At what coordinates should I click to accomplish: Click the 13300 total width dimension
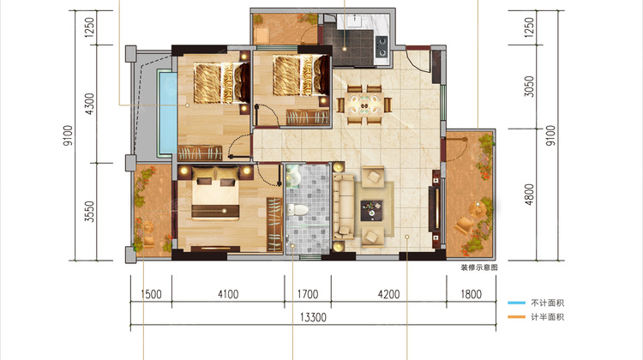pos(313,317)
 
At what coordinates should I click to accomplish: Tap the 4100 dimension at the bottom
pos(228,294)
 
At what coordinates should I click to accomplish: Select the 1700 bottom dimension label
pos(308,294)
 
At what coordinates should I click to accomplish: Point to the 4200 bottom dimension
pos(388,294)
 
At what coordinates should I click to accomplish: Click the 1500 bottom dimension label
pos(151,294)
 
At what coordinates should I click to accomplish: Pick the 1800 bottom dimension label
pos(471,294)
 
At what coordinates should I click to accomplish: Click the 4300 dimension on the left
pos(89,104)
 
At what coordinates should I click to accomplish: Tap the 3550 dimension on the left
pos(89,212)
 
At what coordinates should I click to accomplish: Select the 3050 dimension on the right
pos(529,87)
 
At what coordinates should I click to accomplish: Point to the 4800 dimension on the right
pos(529,195)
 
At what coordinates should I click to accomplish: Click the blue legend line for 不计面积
pos(516,303)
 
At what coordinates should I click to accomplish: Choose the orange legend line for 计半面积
pos(516,317)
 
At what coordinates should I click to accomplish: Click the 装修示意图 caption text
pos(479,267)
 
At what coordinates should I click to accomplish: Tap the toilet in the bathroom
pos(297,209)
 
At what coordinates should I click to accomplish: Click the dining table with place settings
pos(364,104)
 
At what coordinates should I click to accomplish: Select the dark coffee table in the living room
pos(371,210)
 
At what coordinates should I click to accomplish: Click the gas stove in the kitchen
pos(382,46)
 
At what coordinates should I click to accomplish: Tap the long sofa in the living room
pos(343,207)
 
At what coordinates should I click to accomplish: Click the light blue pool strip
pos(167,112)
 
